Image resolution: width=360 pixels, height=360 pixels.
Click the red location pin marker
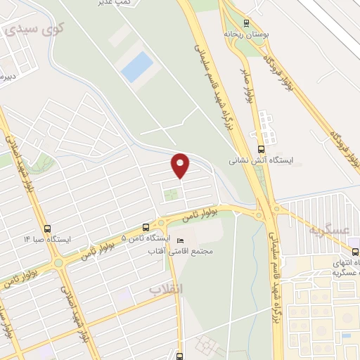(181, 165)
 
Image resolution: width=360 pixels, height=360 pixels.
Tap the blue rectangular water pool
(136, 66)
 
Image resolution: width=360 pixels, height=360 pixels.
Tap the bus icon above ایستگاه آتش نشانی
(261, 149)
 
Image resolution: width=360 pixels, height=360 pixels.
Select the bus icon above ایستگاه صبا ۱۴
(47, 229)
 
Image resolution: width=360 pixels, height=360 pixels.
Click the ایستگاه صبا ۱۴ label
(47, 239)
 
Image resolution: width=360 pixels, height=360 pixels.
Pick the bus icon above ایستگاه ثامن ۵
(146, 228)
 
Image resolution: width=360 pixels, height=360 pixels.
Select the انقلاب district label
(166, 289)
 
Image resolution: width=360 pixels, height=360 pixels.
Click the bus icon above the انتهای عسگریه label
(354, 251)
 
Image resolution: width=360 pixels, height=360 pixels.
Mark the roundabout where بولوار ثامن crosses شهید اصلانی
(58, 263)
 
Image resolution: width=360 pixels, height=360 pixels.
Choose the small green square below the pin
(169, 195)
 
